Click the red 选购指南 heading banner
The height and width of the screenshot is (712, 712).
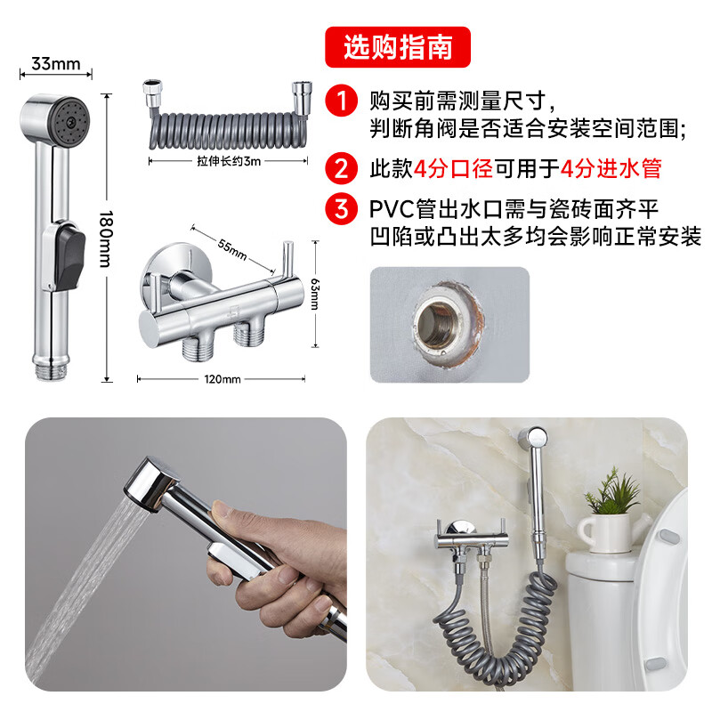[x=397, y=47]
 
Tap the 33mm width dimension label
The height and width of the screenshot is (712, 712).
[x=55, y=63]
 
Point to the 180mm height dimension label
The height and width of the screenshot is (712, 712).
[x=106, y=239]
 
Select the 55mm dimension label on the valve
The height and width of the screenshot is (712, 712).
[x=232, y=249]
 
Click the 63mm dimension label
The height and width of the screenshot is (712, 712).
[x=315, y=294]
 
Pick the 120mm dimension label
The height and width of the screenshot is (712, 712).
[x=222, y=379]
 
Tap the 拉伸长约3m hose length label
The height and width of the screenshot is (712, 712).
[x=229, y=161]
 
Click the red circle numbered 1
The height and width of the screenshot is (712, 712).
[x=341, y=101]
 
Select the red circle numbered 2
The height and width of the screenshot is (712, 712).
[x=341, y=168]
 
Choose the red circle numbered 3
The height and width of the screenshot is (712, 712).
[x=341, y=209]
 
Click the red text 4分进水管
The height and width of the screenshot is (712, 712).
[x=611, y=168]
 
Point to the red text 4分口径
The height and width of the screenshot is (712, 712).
[x=454, y=168]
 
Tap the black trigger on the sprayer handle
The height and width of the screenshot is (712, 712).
[x=69, y=258]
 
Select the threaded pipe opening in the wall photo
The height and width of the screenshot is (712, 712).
[x=434, y=324]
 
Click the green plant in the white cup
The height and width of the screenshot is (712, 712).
[x=612, y=493]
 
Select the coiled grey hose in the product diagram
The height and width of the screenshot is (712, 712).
[x=227, y=130]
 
